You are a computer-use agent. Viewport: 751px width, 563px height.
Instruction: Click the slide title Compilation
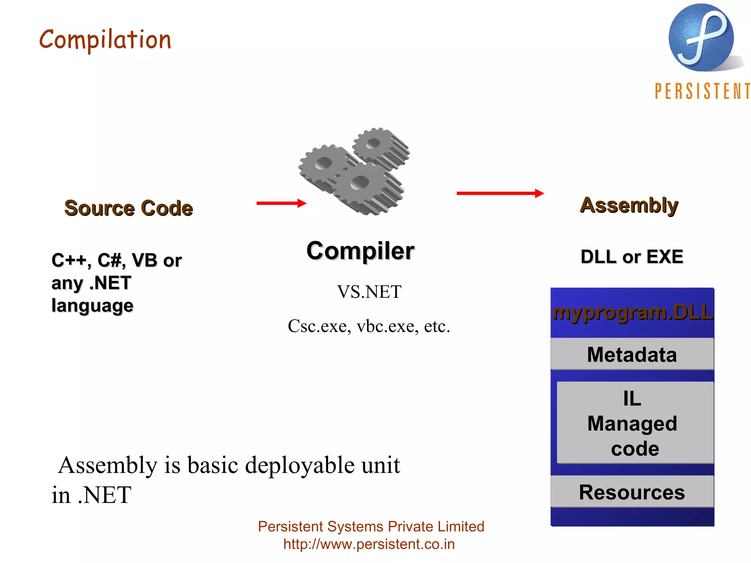point(105,40)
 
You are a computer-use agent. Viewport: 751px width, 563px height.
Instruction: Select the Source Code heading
point(128,208)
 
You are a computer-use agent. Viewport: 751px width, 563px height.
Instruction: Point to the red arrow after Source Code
point(281,203)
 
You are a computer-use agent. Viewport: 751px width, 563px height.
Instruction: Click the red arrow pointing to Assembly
point(500,193)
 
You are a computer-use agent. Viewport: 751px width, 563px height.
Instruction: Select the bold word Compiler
point(360,251)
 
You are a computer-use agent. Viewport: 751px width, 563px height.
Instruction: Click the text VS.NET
point(369,292)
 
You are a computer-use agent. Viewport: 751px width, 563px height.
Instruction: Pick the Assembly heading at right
point(629,205)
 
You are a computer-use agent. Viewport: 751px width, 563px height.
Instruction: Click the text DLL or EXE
point(632,257)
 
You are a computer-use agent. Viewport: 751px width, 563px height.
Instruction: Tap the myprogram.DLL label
point(632,313)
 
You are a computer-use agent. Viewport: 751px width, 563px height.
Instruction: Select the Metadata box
point(632,354)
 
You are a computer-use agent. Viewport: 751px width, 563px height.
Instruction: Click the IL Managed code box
point(635,423)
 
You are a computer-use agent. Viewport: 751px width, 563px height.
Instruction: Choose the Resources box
point(632,492)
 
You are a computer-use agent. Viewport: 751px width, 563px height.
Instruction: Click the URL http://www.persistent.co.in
point(369,544)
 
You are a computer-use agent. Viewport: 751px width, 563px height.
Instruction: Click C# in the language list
point(109,260)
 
